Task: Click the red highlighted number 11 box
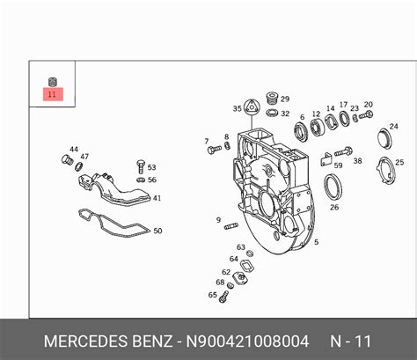click(x=52, y=93)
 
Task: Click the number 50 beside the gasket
click(x=157, y=231)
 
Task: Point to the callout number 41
click(x=157, y=198)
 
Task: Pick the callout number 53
click(x=151, y=166)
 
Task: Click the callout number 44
click(x=74, y=150)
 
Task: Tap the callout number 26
click(x=334, y=208)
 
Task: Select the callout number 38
click(x=357, y=161)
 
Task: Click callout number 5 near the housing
click(x=316, y=240)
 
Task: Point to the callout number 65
click(x=212, y=295)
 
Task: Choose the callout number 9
click(x=216, y=219)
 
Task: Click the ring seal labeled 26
click(x=334, y=187)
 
